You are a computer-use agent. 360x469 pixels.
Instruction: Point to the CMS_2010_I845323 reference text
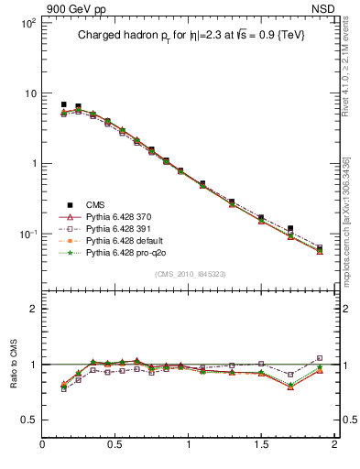(190, 274)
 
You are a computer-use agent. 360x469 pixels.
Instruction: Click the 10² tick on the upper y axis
(27, 23)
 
